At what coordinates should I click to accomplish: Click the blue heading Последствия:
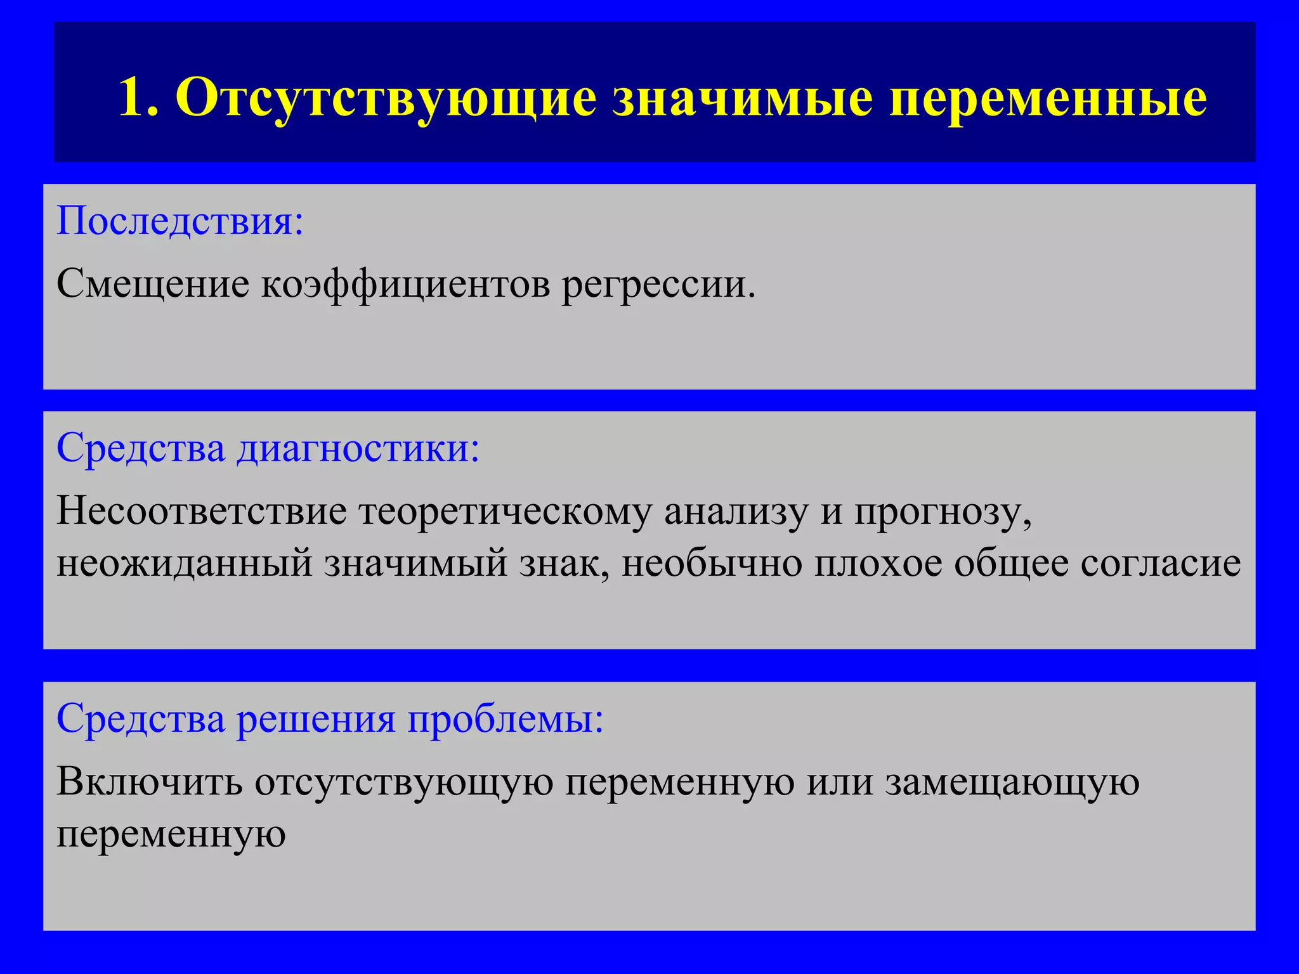point(180,221)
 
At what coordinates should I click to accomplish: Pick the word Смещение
point(153,283)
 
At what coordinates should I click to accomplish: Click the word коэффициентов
point(405,283)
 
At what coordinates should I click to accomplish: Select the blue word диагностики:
point(358,448)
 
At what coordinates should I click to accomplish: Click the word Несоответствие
point(202,510)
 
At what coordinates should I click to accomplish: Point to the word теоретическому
point(505,510)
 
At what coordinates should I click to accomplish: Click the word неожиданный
point(185,563)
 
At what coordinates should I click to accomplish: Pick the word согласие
point(1160,563)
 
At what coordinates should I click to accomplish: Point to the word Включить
point(150,781)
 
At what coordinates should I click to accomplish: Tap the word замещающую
point(1012,782)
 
